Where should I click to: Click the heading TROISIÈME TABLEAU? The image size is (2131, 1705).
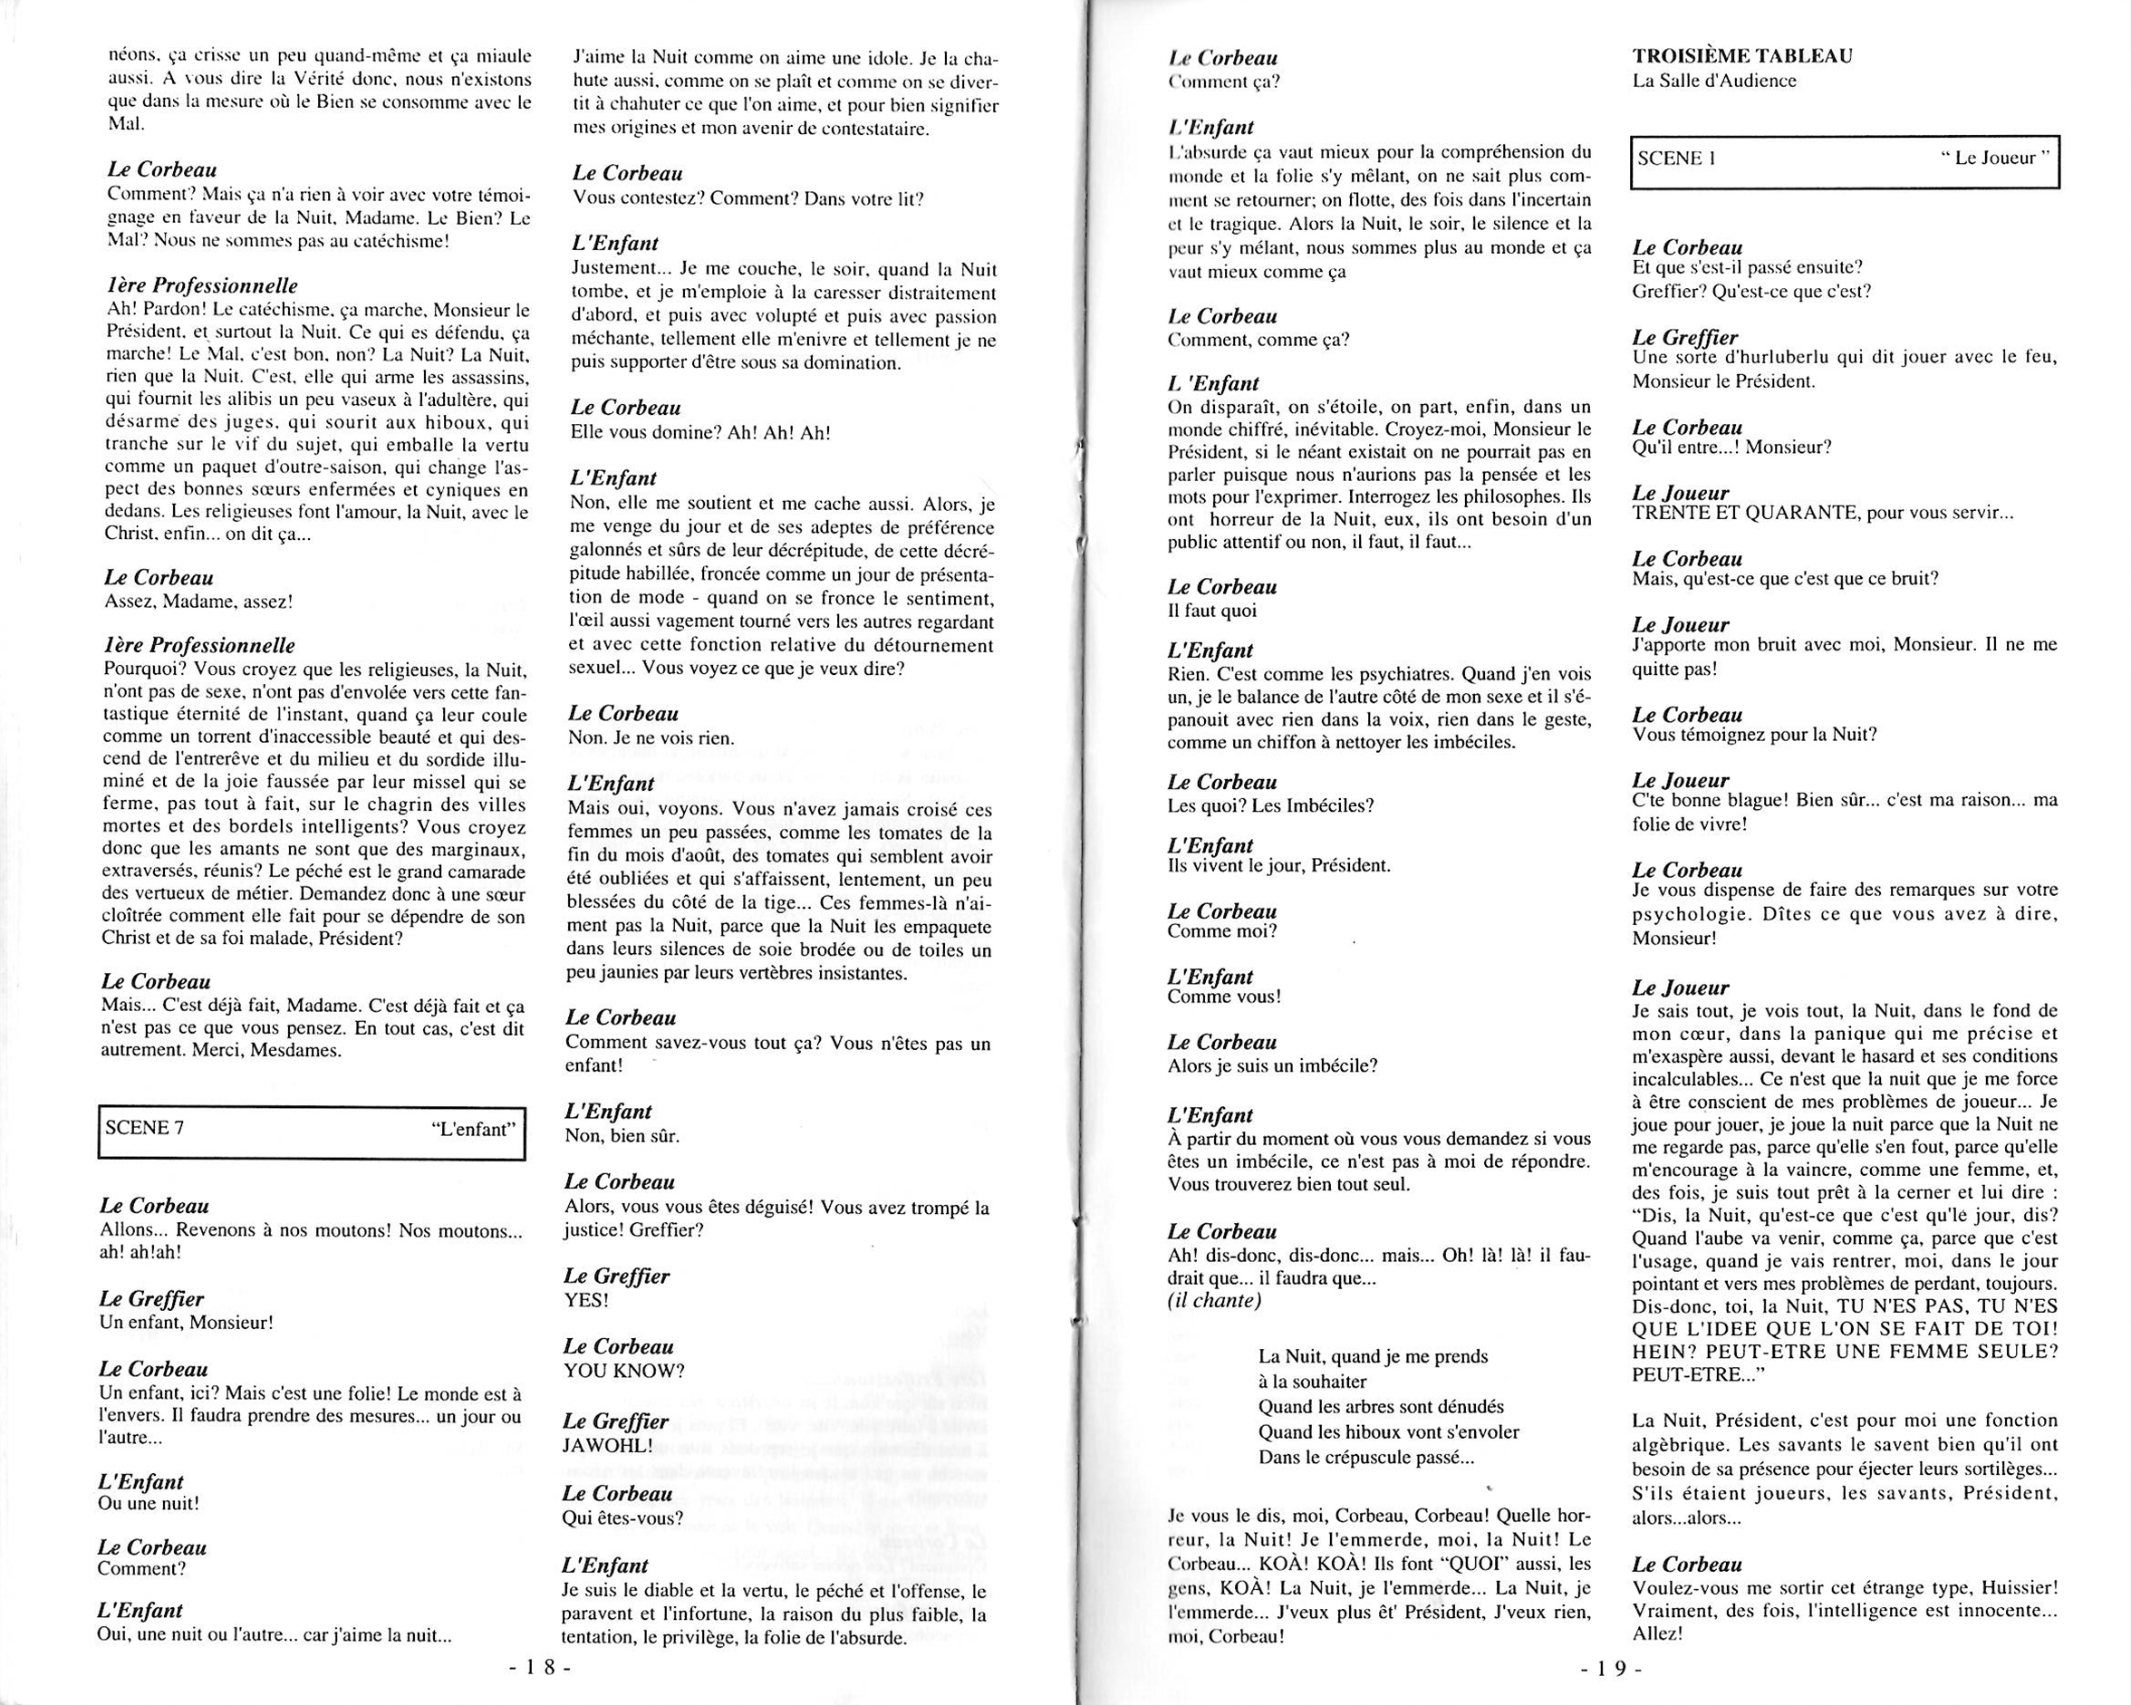[x=1741, y=56]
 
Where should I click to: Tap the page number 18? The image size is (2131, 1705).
[x=540, y=1669]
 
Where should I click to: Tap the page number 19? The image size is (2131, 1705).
[x=1612, y=1670]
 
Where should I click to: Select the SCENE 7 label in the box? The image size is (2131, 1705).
[x=144, y=1128]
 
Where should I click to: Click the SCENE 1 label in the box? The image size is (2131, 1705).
[x=1670, y=159]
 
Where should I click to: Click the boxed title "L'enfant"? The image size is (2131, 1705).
[x=475, y=1128]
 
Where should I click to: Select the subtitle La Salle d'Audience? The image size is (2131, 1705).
[x=1714, y=81]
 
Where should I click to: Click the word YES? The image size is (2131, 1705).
[x=586, y=1300]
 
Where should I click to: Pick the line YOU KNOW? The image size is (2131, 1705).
[x=623, y=1371]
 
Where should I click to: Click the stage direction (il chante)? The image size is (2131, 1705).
[x=1214, y=1301]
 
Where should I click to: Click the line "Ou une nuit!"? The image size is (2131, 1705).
[x=149, y=1503]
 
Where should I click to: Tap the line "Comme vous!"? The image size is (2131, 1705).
[x=1224, y=997]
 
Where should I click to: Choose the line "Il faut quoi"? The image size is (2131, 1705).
[x=1211, y=611]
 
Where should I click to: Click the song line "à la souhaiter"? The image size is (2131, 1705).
[x=1312, y=1382]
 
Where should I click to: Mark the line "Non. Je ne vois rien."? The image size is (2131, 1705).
[x=651, y=738]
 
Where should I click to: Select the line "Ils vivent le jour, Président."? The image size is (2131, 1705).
[x=1278, y=866]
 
